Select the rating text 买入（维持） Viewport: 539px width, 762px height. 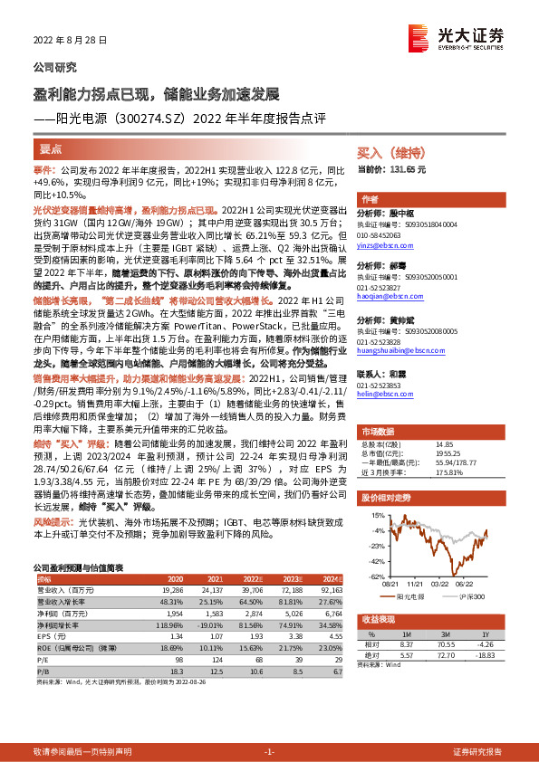pyautogui.click(x=389, y=154)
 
